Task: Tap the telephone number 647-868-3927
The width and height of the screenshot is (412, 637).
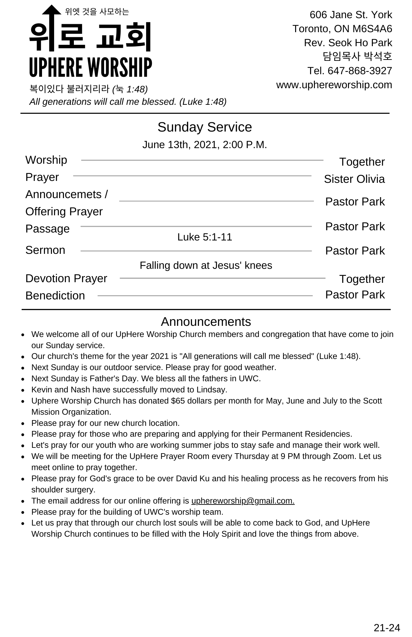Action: click(x=360, y=71)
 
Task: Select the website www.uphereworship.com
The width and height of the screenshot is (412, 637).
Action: click(x=334, y=85)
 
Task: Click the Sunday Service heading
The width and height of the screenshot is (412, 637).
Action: click(x=204, y=127)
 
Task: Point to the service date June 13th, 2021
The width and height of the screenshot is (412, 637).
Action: click(x=180, y=145)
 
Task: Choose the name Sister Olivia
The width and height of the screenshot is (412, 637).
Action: click(x=354, y=179)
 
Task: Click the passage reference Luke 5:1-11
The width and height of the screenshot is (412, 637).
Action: click(x=204, y=237)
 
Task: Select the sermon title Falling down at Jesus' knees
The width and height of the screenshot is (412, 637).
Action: click(x=206, y=265)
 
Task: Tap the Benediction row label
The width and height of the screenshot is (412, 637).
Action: click(x=55, y=296)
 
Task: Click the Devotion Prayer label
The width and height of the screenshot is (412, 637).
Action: click(x=66, y=278)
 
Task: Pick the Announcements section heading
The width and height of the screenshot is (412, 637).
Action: click(x=206, y=322)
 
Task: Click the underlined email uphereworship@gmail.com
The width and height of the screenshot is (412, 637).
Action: click(x=243, y=501)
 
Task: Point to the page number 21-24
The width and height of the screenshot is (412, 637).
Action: click(x=387, y=627)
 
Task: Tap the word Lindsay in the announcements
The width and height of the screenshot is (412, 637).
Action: click(x=211, y=390)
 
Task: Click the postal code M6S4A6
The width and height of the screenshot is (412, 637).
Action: click(x=372, y=29)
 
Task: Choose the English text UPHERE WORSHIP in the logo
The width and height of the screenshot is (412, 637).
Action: click(x=90, y=68)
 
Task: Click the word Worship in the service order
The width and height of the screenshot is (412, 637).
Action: click(x=46, y=160)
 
